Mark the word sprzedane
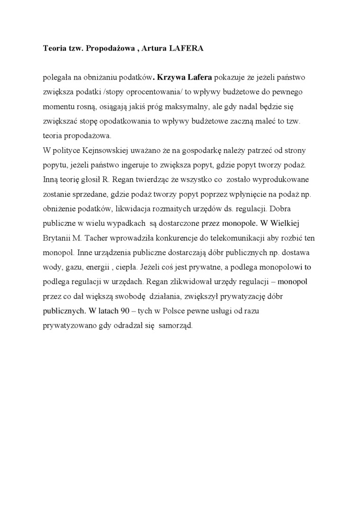point(88,195)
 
